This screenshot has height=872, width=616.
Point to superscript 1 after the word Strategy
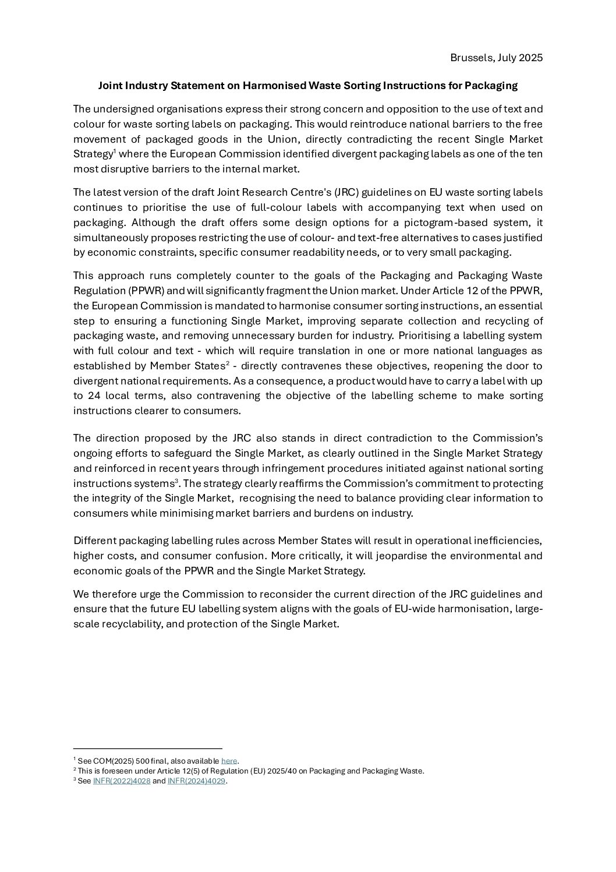tap(115, 151)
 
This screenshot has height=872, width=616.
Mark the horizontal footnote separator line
tap(148, 749)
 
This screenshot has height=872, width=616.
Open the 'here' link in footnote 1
tap(229, 761)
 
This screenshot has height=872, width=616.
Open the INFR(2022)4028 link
tap(121, 782)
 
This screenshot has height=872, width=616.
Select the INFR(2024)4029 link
tap(196, 782)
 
